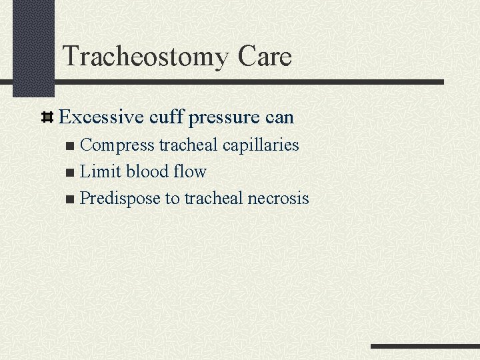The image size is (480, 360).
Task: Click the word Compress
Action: click(117, 145)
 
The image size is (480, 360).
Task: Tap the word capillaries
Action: click(261, 145)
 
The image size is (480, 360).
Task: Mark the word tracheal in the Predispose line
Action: click(214, 199)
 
